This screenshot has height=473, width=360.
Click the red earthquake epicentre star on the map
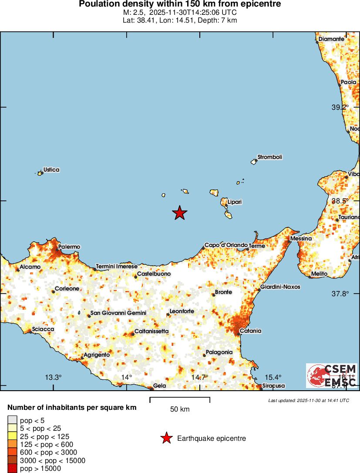click(x=179, y=213)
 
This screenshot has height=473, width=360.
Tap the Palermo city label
click(x=69, y=247)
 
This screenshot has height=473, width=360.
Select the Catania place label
click(x=251, y=331)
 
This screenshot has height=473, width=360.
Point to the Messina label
click(x=301, y=239)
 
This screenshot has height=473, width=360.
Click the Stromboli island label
click(x=270, y=157)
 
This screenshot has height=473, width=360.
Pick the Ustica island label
click(x=51, y=170)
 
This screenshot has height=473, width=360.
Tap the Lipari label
click(x=234, y=202)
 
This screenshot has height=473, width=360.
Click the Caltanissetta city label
click(x=151, y=331)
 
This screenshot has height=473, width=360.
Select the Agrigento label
click(x=97, y=355)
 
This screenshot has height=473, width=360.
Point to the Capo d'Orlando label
click(x=226, y=245)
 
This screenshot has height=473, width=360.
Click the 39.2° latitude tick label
click(x=340, y=107)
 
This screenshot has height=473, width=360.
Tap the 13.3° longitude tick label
click(x=54, y=377)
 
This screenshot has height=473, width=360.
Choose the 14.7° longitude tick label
click(x=200, y=377)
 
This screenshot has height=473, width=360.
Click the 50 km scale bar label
click(x=180, y=409)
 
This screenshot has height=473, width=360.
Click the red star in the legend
click(x=166, y=438)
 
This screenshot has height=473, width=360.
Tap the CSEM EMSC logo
click(x=332, y=375)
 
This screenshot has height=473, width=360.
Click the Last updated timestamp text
click(x=308, y=400)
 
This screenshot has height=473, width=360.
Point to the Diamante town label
click(x=331, y=39)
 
